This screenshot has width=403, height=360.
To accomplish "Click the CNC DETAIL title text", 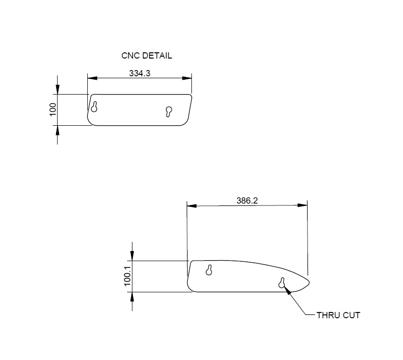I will [x=146, y=56].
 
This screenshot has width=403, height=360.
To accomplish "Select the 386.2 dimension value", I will [x=247, y=201].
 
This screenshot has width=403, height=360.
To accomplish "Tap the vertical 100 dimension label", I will [x=53, y=109].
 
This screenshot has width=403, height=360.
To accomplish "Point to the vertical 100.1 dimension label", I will [x=128, y=276].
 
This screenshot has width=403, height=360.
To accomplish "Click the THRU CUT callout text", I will [x=338, y=315].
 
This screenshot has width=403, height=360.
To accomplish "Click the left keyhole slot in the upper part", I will [x=95, y=107].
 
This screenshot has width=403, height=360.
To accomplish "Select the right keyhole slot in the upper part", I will [x=169, y=111].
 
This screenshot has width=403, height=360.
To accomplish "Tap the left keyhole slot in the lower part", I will [x=209, y=270].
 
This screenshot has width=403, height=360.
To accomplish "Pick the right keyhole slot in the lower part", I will [x=282, y=283].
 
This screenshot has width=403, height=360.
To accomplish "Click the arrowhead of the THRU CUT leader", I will [x=287, y=289].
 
